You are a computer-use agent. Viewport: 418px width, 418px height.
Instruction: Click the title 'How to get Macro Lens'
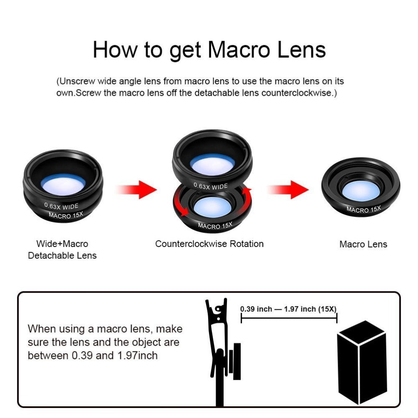209,50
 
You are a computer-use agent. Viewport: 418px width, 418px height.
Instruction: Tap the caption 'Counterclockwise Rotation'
209,244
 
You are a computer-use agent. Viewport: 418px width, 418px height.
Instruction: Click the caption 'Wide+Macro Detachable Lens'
62,250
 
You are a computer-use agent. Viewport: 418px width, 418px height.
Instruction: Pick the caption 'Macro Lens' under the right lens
363,244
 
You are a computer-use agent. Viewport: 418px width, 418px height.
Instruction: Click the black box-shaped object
362,362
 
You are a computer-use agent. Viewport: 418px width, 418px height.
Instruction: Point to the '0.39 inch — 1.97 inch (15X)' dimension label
288,309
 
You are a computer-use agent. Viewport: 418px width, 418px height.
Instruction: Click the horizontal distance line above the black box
288,319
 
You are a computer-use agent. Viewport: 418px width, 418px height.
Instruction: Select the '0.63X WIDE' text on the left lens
61,206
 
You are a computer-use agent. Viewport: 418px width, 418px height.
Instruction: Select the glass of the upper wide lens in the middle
212,164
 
